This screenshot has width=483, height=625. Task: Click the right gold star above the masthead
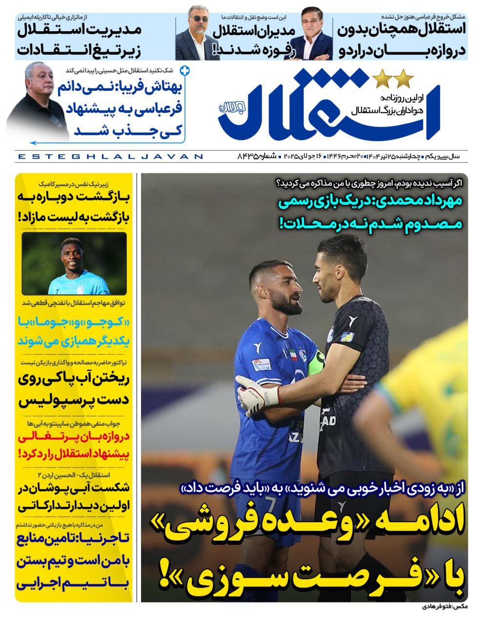(404, 78)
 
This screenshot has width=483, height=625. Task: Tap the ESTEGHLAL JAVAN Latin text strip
(110, 157)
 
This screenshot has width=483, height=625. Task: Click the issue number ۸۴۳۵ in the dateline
(249, 157)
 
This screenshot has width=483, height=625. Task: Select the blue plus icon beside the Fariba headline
(184, 71)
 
